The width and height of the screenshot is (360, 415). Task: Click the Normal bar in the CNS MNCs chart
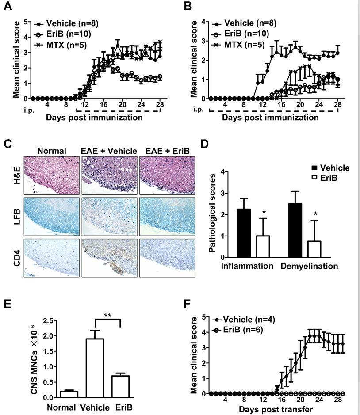pos(69,394)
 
